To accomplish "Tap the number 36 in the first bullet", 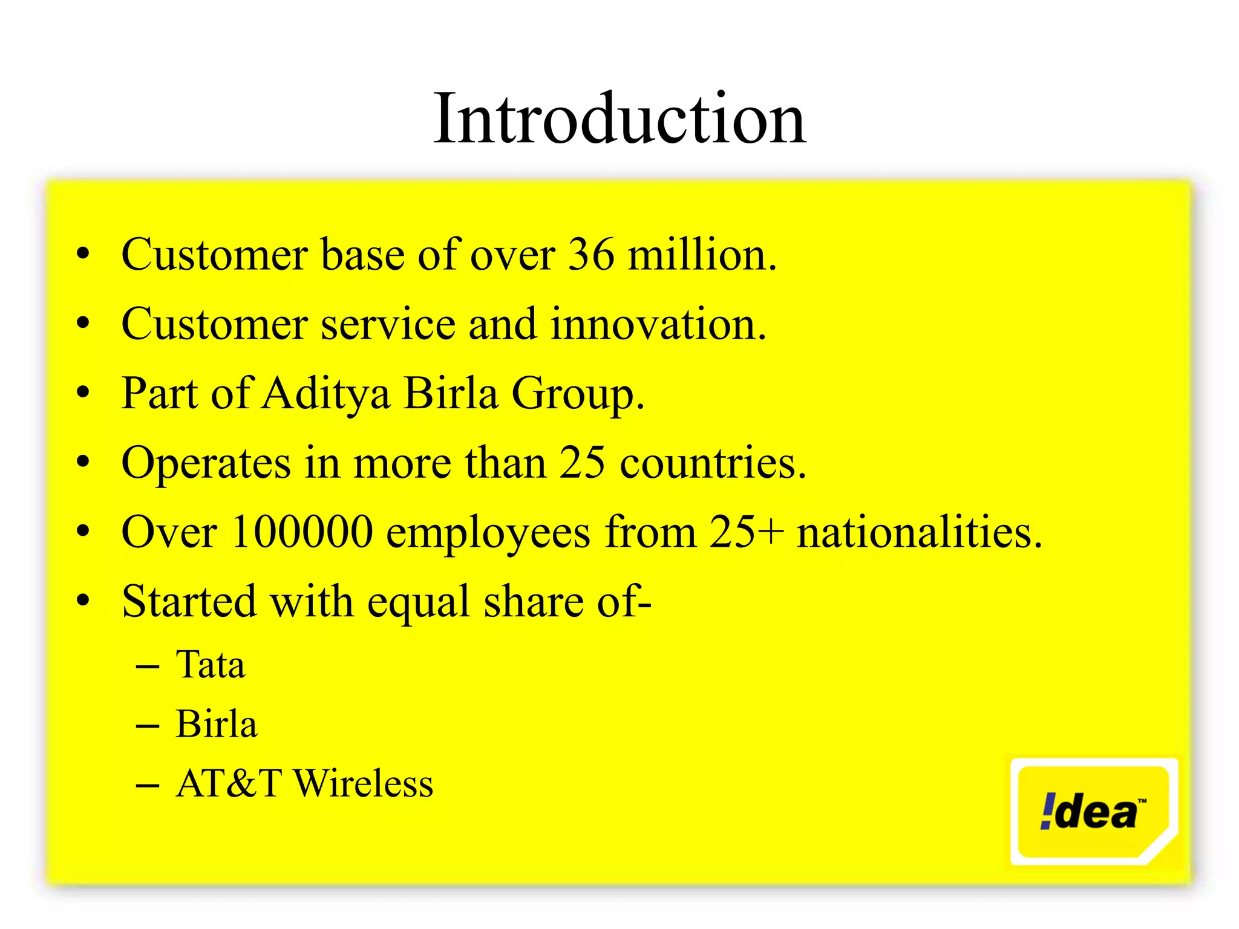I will pos(591,255).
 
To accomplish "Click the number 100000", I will pos(302,532).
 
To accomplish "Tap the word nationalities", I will pos(920,532).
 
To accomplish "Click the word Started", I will pos(189,602).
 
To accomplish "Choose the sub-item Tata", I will pos(211,665).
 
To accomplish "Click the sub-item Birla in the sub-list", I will pos(216,724).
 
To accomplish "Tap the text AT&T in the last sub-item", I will pos(229,784).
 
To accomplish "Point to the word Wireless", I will pos(363,784).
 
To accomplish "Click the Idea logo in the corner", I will pos(1094,812).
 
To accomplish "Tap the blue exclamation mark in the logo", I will pos(1048,811).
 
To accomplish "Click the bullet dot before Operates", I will pos(83,463).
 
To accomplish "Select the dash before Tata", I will pos(148,667).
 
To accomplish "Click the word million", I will pos(702,255).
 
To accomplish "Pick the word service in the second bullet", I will pos(387,324).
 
